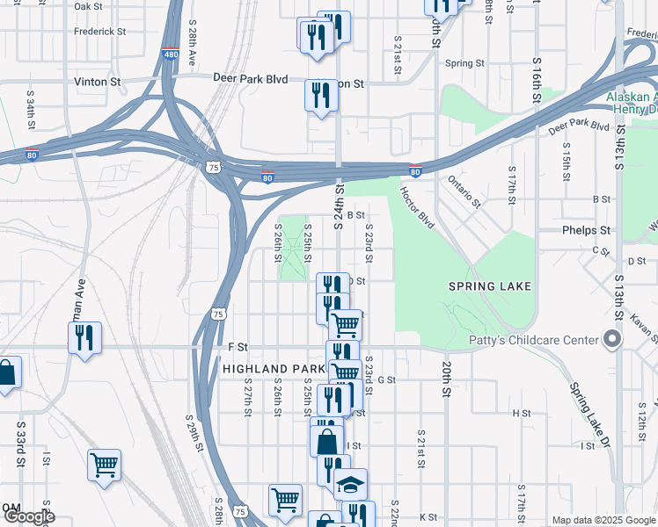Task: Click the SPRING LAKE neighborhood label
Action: click(490, 286)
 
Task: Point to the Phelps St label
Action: click(586, 230)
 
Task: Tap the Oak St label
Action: click(89, 6)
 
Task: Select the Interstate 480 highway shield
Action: click(169, 54)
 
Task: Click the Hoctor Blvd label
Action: click(418, 207)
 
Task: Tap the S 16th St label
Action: click(536, 83)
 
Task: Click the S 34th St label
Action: click(31, 113)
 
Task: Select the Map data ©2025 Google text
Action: click(603, 520)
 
